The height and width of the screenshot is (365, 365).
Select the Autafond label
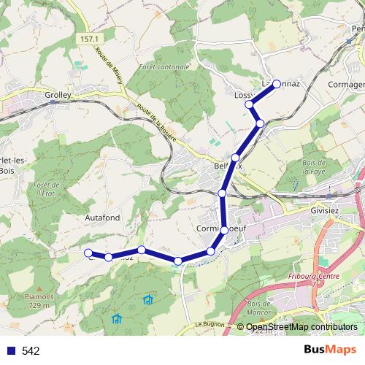coord(101,216)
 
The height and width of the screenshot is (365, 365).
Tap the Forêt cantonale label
coord(168,67)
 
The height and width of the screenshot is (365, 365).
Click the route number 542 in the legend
coord(31,350)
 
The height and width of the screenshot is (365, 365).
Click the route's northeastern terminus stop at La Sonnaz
coord(277,84)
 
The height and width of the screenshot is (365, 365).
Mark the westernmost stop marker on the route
coord(88,253)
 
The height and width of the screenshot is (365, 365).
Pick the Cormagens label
coord(347,84)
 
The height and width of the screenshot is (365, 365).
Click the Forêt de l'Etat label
coord(45,196)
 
